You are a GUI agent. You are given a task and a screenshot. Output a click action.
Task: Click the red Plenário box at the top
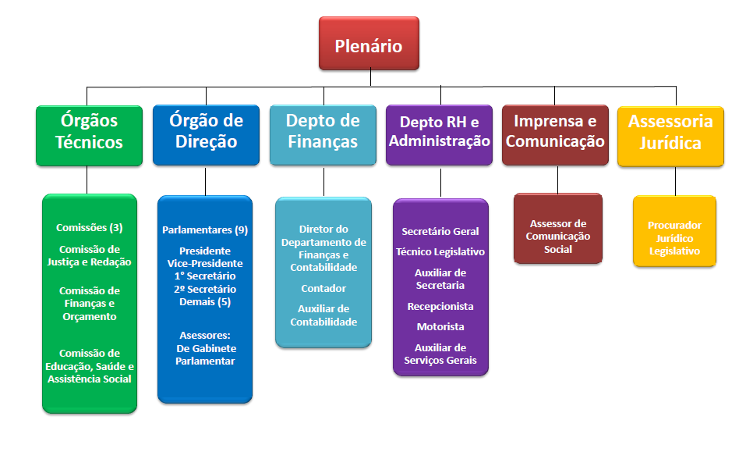tap(369, 45)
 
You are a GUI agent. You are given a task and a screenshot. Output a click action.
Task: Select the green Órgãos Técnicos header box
tap(90, 133)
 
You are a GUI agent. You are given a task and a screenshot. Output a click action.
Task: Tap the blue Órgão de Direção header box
tap(206, 133)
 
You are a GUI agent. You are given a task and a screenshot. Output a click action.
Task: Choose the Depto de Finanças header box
tap(323, 133)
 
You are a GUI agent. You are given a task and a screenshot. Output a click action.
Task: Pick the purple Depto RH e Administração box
tap(440, 133)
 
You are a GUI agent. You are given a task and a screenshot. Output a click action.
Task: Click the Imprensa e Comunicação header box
tap(554, 133)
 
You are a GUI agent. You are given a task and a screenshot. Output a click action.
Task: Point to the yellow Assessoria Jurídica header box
tap(670, 133)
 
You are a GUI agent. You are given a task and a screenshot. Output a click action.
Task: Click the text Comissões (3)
tap(90, 228)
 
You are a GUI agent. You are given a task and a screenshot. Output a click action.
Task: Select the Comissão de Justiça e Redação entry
tap(90, 256)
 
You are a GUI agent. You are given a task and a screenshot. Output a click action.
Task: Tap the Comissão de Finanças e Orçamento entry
tap(90, 304)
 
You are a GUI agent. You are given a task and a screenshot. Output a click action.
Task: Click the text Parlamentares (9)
tap(205, 230)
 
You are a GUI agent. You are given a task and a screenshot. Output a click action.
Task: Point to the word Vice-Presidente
tap(205, 264)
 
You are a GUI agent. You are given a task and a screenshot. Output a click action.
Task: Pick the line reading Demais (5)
tap(205, 302)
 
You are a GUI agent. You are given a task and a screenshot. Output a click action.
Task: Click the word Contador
tap(323, 288)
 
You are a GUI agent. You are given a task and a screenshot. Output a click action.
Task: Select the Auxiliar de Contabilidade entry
tap(323, 315)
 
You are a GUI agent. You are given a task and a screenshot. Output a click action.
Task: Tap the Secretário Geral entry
tap(440, 232)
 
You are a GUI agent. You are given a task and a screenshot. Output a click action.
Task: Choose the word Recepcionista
tap(440, 307)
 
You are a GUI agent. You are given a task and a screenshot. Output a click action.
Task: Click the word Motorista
tap(440, 327)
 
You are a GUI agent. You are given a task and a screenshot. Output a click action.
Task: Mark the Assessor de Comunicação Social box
tap(558, 236)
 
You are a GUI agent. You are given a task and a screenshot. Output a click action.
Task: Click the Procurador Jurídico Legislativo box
tap(674, 238)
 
